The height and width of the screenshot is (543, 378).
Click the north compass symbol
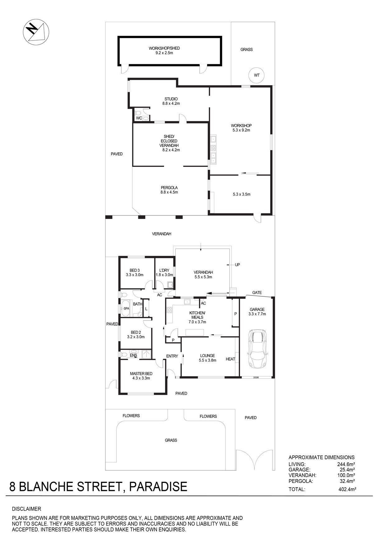pos(36,32)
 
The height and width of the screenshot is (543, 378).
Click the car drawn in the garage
pos(257,349)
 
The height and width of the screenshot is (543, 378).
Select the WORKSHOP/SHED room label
pos(164,48)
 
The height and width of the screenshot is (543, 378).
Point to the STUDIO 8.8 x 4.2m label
pos(171,101)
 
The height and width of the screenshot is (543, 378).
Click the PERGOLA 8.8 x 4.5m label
pos(169,190)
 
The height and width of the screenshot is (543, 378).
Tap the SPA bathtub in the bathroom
pos(126,309)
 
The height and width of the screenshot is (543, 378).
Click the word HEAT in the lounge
pos(230,359)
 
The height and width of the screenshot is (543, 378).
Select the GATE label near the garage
pos(257,293)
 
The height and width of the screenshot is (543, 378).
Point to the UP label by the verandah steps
pos(238,265)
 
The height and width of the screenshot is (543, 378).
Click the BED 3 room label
pos(135,270)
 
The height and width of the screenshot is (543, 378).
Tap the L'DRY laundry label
pos(164,270)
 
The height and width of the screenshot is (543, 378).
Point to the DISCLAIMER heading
pos(26,509)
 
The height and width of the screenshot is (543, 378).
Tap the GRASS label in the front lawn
pos(171,440)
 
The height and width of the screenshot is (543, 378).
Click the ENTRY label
pos(172,356)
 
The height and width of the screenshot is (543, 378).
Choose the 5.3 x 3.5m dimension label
pos(242,194)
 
